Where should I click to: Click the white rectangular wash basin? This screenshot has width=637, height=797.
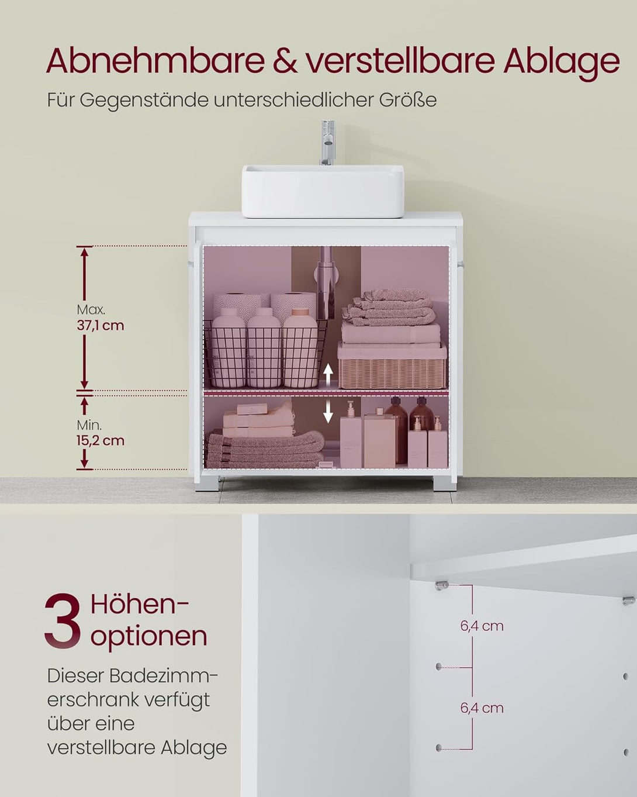(323, 191)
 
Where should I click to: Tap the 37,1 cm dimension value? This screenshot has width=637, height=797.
(101, 326)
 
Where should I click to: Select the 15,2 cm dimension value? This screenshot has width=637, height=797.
(101, 440)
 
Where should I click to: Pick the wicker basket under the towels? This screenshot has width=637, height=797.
(392, 364)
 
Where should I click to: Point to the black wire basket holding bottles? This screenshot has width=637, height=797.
(265, 354)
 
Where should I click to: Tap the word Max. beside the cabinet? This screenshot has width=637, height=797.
(91, 309)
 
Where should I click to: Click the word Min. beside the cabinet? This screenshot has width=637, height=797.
(89, 425)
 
